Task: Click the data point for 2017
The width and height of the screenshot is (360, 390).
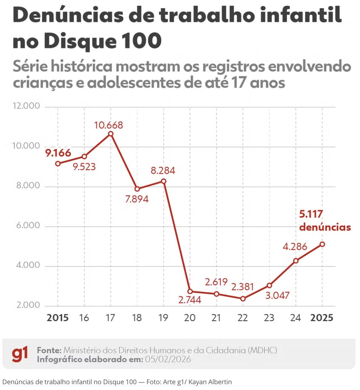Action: coord(110,134)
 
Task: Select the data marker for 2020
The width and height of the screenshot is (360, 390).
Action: coord(190,291)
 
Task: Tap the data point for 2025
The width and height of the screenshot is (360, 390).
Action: coord(322,244)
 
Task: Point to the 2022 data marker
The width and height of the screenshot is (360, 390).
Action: coord(243,299)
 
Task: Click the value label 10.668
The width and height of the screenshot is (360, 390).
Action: coord(109,125)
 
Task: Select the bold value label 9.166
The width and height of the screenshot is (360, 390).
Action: coord(58,153)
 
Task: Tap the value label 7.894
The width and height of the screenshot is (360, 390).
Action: coord(137,199)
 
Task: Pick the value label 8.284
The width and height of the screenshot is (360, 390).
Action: coord(163,170)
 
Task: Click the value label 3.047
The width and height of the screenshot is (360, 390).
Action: coord(277,295)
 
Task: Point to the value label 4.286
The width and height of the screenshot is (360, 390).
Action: coord(295,246)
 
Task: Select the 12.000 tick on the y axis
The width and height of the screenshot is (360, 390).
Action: coord(27,106)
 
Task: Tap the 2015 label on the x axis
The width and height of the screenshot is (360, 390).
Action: coord(58,318)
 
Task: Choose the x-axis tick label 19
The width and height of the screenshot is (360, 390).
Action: coord(163,318)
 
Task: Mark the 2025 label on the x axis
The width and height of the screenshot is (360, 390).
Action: coord(321,318)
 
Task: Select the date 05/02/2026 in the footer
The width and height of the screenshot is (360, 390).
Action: coord(168,359)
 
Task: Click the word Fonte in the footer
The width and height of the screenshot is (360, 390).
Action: coord(49,350)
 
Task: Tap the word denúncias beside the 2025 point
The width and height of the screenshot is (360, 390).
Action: coord(325,227)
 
